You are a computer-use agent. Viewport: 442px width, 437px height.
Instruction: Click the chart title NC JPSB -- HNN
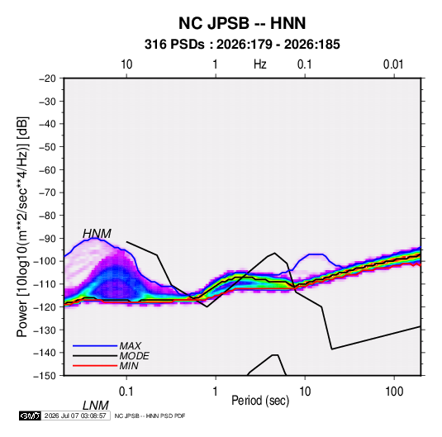coord(242,23)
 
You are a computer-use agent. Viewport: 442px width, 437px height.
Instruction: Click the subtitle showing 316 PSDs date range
coord(242,45)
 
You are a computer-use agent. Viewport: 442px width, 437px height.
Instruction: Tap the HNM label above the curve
coord(97,234)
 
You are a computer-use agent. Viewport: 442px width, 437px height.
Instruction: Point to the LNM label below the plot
coord(95,406)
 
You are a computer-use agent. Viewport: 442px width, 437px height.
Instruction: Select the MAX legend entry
coord(130,345)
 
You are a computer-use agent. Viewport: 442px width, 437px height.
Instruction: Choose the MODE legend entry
coord(134,356)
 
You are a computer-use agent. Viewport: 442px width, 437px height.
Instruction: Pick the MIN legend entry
coord(129,366)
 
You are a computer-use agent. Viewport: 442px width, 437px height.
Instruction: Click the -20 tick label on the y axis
coord(47,78)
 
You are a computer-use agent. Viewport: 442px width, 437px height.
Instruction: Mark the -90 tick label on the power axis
coord(47,238)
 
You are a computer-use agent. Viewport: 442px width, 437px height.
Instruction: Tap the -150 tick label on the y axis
coord(45,376)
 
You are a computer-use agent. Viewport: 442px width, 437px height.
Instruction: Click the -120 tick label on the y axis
coord(45,306)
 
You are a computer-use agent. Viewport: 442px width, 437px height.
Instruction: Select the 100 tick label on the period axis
coord(394,392)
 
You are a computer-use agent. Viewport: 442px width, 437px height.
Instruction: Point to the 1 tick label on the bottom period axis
coord(216,392)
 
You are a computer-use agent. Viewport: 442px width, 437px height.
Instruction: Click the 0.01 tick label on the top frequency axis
coord(393,64)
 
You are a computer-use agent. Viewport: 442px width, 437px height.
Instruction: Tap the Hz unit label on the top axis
coord(260,64)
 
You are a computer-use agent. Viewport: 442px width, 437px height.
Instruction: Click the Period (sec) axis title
coord(260,401)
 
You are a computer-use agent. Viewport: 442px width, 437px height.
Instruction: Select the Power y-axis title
coord(22,227)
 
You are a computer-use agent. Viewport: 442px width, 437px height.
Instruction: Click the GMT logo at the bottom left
coord(30,416)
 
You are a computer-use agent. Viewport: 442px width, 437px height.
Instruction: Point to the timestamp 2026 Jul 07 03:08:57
coord(75,416)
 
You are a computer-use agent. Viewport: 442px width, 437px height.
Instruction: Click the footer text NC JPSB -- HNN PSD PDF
coord(150,416)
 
